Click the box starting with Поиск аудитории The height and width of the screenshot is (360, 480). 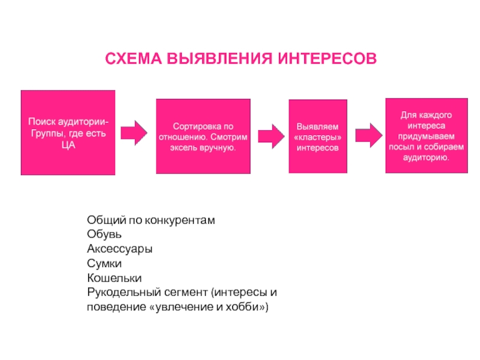point(68,133)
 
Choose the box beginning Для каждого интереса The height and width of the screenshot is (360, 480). point(425,136)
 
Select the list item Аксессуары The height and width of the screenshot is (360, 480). point(119,248)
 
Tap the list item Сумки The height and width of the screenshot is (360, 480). point(104,263)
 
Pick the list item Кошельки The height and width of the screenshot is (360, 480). point(114,278)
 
